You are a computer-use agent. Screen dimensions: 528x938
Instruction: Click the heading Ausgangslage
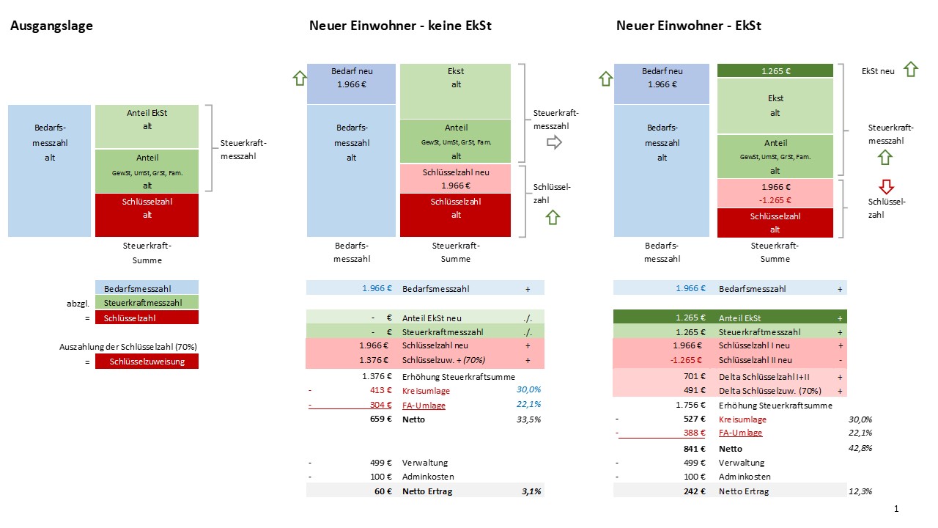pyautogui.click(x=51, y=26)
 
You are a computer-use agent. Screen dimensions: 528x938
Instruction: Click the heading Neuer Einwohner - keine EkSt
pyautogui.click(x=400, y=26)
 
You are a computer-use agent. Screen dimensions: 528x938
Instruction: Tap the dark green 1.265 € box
pyautogui.click(x=775, y=71)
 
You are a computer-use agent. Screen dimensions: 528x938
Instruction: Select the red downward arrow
pyautogui.click(x=885, y=187)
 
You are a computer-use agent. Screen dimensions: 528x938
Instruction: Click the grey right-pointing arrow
pyautogui.click(x=555, y=142)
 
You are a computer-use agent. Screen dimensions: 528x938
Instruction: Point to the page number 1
pyautogui.click(x=895, y=509)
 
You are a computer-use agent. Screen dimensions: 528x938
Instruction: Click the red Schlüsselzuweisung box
pyautogui.click(x=147, y=361)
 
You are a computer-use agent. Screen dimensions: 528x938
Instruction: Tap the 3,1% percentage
pyautogui.click(x=531, y=491)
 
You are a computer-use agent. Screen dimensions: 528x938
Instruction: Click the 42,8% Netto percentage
pyautogui.click(x=860, y=448)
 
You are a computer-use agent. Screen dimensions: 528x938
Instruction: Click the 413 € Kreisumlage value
pyautogui.click(x=380, y=390)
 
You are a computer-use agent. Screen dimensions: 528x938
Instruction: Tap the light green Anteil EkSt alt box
pyautogui.click(x=147, y=126)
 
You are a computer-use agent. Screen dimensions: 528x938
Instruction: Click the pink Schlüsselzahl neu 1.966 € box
pyautogui.click(x=455, y=179)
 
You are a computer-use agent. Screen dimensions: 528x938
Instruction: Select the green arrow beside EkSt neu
pyautogui.click(x=910, y=70)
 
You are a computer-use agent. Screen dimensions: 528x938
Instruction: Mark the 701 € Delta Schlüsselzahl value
pyautogui.click(x=692, y=375)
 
